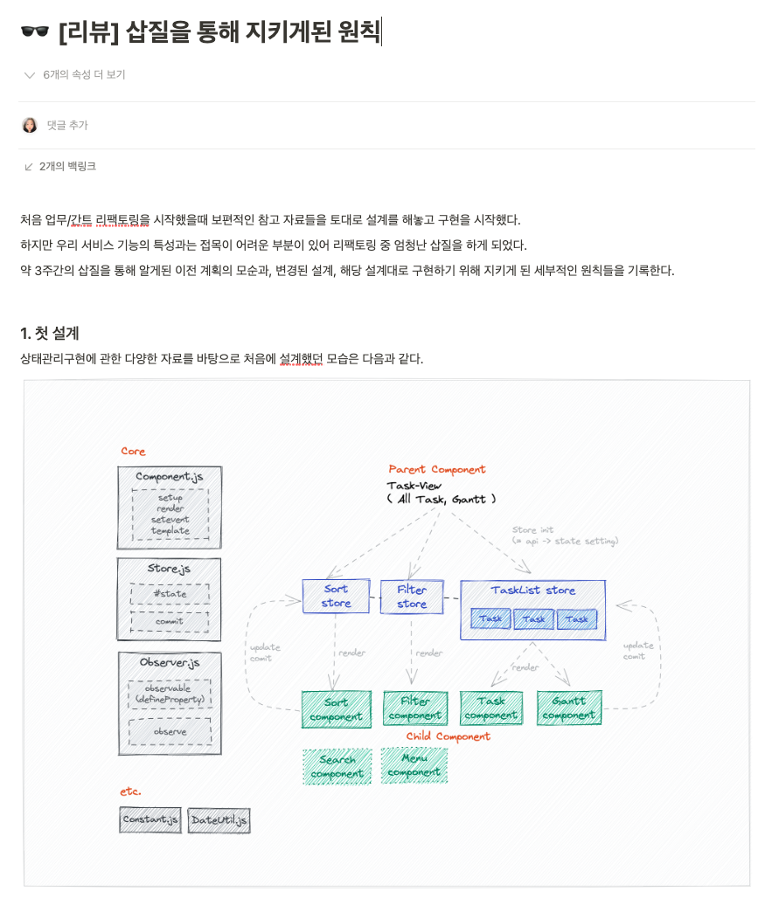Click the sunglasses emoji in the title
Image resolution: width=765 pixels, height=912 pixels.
click(x=35, y=32)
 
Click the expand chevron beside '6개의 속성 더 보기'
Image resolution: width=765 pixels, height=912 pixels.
click(x=30, y=75)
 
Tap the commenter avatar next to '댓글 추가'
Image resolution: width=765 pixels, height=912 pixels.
click(x=30, y=125)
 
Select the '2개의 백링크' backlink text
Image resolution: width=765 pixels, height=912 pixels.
click(x=67, y=166)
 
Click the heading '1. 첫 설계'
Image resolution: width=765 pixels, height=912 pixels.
click(x=50, y=333)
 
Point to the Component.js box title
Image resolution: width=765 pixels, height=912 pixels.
click(x=170, y=477)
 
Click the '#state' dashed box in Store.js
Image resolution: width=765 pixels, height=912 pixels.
click(x=170, y=594)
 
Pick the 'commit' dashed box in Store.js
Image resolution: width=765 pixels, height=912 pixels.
click(x=170, y=621)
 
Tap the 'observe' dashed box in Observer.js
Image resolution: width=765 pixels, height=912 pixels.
click(x=170, y=731)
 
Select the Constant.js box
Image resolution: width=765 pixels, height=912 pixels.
click(x=150, y=819)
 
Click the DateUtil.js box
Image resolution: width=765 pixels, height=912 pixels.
click(x=219, y=820)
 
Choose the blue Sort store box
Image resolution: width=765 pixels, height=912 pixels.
click(x=336, y=596)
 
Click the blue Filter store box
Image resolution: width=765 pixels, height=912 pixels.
click(x=412, y=597)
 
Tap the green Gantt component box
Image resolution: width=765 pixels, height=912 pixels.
click(x=568, y=708)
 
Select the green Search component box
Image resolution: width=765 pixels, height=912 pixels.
click(x=337, y=766)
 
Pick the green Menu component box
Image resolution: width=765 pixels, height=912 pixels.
click(x=414, y=764)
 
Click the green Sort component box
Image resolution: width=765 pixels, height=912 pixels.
click(x=336, y=708)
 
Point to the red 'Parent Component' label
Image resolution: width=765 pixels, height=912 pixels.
click(x=436, y=469)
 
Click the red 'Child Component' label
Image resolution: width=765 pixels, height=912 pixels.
click(x=448, y=736)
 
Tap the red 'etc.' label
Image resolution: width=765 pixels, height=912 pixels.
click(x=130, y=791)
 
